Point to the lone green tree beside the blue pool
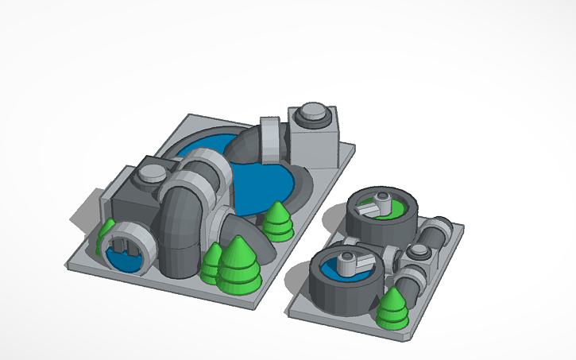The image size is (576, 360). pyautogui.click(x=277, y=220)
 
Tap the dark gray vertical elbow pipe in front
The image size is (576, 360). pyautogui.click(x=181, y=234)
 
